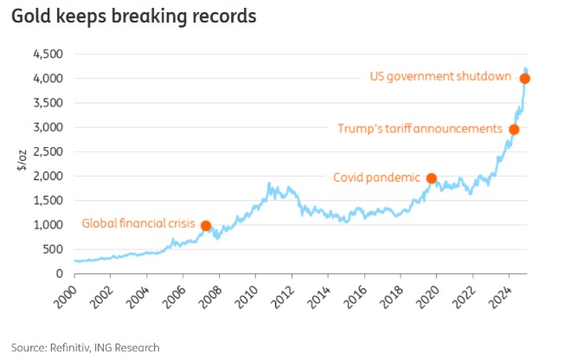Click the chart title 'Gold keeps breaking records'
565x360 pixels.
(x=133, y=17)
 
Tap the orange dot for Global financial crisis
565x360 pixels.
(x=206, y=226)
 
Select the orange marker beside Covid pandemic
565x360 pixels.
(x=432, y=178)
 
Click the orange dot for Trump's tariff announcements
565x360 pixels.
(x=514, y=130)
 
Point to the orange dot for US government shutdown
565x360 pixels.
(x=524, y=79)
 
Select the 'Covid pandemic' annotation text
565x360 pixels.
(x=376, y=178)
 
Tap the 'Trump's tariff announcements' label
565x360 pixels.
(x=420, y=129)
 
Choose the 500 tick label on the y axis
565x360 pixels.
(x=51, y=249)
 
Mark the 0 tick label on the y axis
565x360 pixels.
(x=59, y=273)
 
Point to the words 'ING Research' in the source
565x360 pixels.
(x=129, y=347)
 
